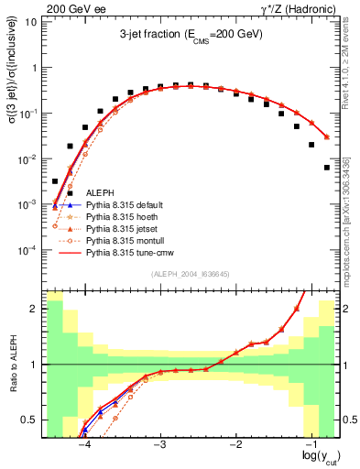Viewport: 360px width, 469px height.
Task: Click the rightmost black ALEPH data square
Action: tap(327, 168)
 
